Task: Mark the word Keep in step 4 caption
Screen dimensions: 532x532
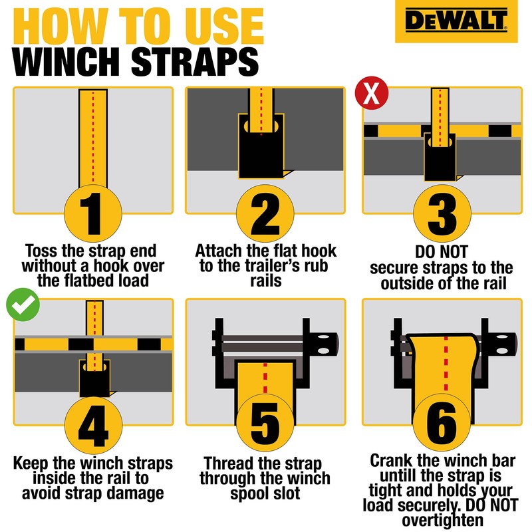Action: [32, 463]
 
